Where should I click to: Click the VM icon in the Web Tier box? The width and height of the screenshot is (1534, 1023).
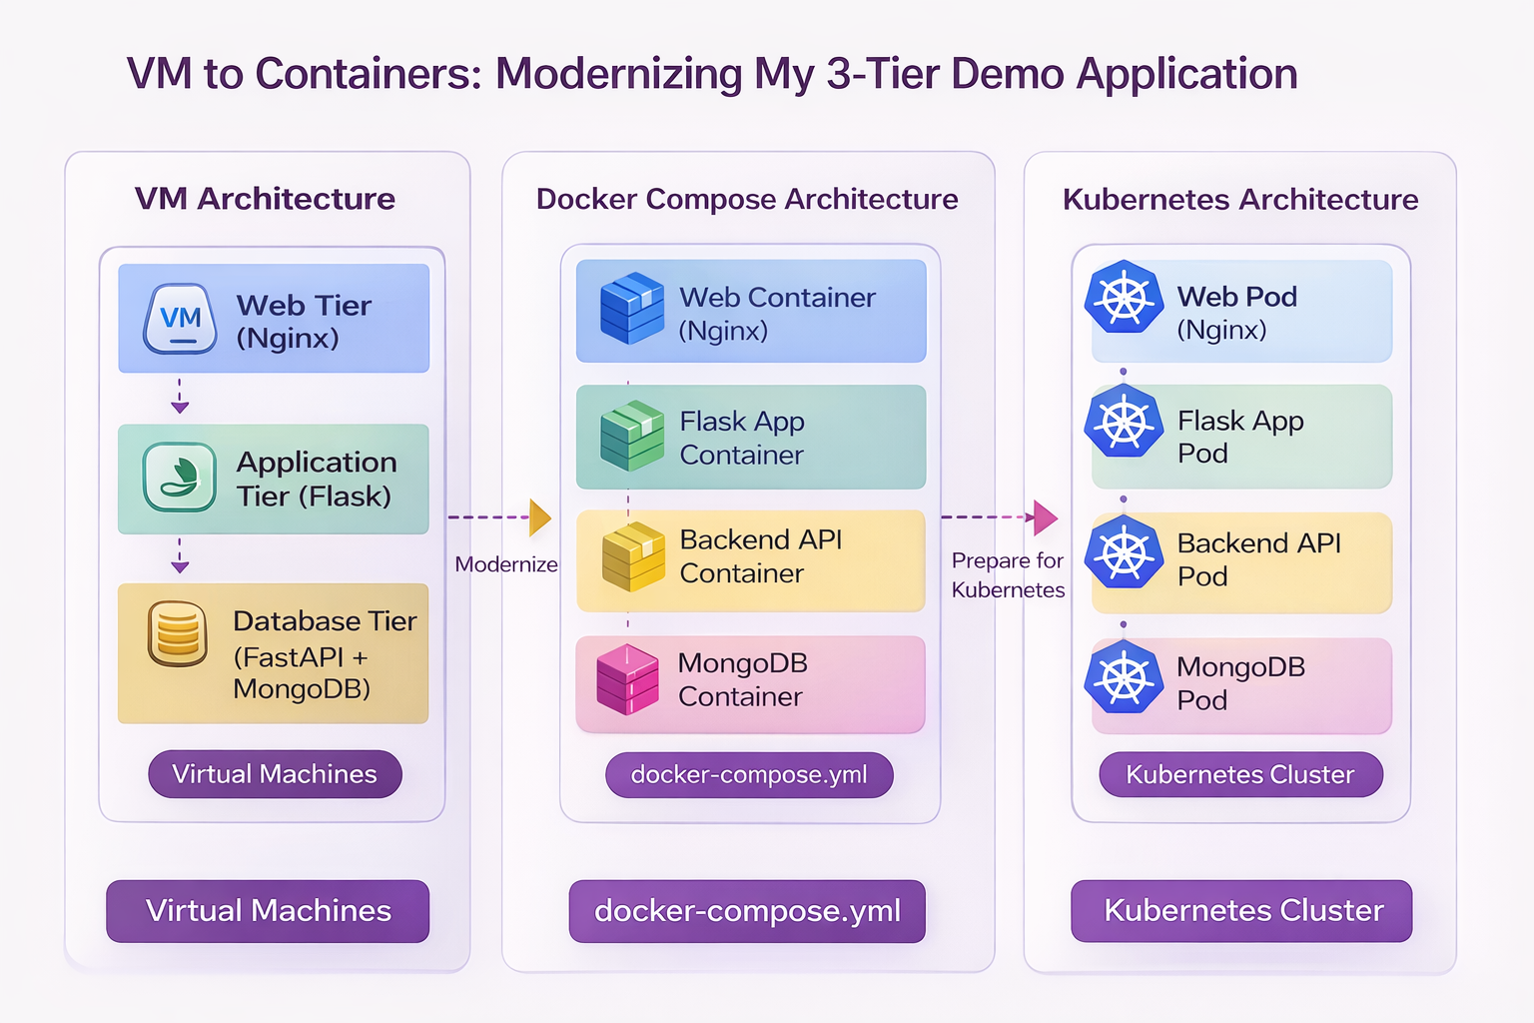click(180, 319)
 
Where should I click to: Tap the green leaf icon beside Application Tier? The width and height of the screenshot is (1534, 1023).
click(180, 478)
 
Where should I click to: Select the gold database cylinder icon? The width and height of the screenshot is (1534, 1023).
click(178, 633)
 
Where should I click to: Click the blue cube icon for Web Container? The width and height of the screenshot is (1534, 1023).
click(631, 309)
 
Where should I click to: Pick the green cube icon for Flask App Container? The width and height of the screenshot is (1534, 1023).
click(631, 436)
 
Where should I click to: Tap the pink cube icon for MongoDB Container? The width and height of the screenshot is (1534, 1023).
click(627, 679)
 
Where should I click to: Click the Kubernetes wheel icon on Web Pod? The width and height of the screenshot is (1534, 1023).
click(1125, 297)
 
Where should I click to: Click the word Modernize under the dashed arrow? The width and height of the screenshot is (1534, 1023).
click(506, 564)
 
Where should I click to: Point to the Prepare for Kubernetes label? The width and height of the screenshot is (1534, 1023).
click(1008, 575)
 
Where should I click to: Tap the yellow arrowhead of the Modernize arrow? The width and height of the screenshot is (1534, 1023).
click(539, 517)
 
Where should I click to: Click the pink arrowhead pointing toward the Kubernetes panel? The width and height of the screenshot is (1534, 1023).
click(1045, 517)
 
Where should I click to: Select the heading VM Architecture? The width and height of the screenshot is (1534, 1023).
click(265, 199)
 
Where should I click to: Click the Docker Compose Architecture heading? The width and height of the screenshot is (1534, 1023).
click(747, 199)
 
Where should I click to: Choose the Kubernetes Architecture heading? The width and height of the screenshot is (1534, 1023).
click(1240, 199)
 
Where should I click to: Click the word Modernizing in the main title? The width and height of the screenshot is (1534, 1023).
click(619, 74)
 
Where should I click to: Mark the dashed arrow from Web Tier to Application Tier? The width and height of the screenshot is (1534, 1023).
click(180, 397)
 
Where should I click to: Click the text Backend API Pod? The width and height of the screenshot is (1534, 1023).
click(1258, 559)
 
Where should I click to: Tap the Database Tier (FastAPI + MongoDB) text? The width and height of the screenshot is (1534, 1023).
click(324, 654)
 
